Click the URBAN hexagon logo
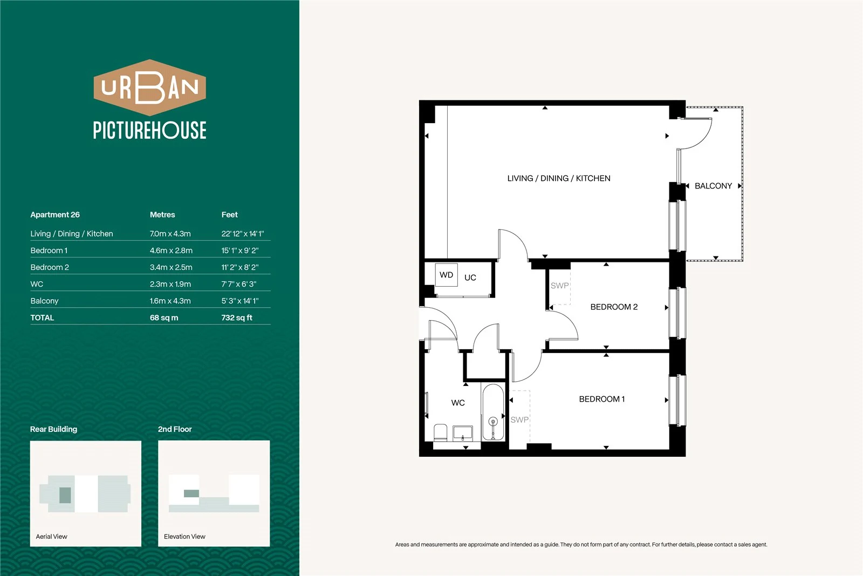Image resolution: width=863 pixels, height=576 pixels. coord(149,87)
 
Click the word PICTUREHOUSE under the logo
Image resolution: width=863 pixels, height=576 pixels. coord(149,130)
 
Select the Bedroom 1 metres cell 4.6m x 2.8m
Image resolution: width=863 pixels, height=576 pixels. coord(171,250)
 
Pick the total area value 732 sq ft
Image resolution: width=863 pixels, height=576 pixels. coord(237,317)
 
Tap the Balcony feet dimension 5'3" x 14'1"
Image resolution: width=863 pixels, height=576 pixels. coord(239,301)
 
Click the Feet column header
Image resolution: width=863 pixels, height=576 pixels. coord(229,215)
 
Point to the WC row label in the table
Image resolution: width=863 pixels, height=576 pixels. coord(37,284)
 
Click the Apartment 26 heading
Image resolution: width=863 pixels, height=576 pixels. coord(55,215)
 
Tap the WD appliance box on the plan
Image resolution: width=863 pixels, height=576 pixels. coord(447,275)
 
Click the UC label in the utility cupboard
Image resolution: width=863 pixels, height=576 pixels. coord(470,277)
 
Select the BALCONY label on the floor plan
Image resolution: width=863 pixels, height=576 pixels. coord(713,186)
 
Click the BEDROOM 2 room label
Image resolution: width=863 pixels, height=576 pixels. coord(614,307)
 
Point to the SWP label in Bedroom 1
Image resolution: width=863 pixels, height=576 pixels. coord(519,420)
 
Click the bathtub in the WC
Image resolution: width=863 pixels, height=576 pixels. coord(493,412)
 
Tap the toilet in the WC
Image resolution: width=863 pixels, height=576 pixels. coord(440,432)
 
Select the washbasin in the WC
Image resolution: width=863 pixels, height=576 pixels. coord(462,432)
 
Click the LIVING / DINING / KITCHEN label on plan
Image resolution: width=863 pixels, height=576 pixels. coord(559,179)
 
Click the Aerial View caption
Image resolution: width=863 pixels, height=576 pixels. coord(51,537)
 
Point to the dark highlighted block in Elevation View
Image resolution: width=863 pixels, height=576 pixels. coord(191,493)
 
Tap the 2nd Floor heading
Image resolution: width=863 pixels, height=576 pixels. coord(175,429)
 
